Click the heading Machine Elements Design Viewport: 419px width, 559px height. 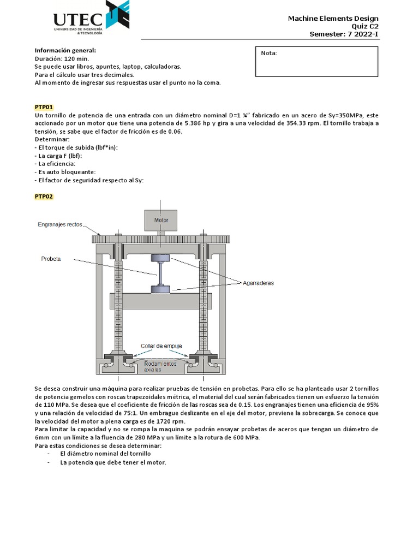pyautogui.click(x=333, y=19)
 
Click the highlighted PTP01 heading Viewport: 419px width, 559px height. pyautogui.click(x=44, y=106)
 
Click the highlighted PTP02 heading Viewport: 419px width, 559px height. pyautogui.click(x=44, y=197)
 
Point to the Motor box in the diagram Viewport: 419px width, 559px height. pyautogui.click(x=161, y=221)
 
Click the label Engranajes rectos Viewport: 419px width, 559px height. pyautogui.click(x=60, y=224)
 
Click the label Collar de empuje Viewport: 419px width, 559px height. pyautogui.click(x=161, y=346)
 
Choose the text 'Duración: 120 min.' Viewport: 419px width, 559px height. pyautogui.click(x=61, y=58)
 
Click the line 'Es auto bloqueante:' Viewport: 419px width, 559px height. pyautogui.click(x=61, y=172)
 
